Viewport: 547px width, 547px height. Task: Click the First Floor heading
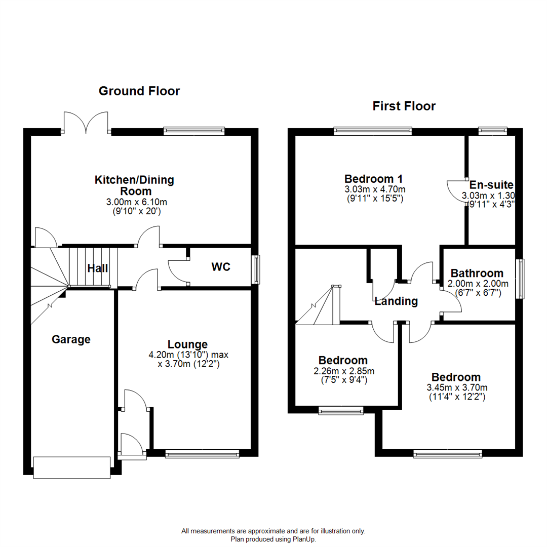[404, 106]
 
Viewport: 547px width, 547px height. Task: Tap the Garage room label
[71, 339]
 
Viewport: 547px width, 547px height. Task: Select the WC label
[221, 267]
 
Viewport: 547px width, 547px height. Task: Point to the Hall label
[97, 268]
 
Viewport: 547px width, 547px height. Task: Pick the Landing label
[396, 302]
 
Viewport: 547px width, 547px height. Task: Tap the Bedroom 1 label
[369, 179]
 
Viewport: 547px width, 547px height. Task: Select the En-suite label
[491, 185]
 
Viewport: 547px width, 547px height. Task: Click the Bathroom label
[477, 273]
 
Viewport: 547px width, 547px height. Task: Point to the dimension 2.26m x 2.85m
[342, 371]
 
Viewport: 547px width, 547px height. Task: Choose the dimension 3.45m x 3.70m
[455, 387]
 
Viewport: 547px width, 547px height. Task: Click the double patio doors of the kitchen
[87, 124]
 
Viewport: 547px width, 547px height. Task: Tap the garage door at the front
[71, 467]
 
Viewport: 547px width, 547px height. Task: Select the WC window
[256, 269]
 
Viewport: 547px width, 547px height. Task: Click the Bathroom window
[520, 279]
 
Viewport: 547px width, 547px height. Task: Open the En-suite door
[456, 189]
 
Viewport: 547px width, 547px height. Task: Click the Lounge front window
[202, 454]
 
